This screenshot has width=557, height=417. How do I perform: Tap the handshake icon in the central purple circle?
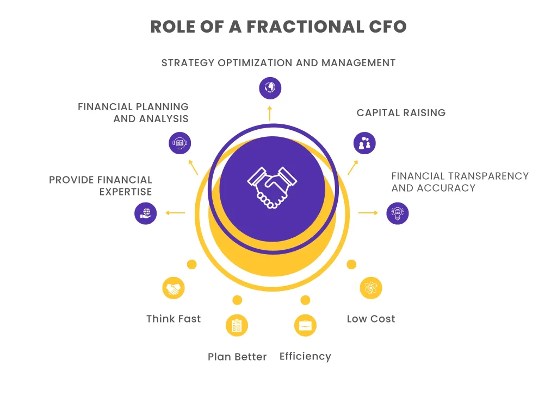pyautogui.click(x=272, y=188)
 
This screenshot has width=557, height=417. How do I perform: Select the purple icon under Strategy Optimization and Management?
pyautogui.click(x=270, y=87)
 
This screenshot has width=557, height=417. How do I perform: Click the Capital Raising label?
pyautogui.click(x=401, y=113)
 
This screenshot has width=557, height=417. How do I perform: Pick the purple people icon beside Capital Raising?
pyautogui.click(x=364, y=143)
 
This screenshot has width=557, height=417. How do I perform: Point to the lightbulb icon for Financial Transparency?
pyautogui.click(x=398, y=213)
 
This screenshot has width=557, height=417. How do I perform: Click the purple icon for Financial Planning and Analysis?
pyautogui.click(x=180, y=143)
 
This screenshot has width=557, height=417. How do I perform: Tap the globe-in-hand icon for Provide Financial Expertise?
pyautogui.click(x=145, y=213)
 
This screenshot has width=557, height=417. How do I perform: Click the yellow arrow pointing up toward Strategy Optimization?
pyautogui.click(x=270, y=112)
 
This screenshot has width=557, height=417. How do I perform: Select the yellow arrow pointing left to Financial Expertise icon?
pyautogui.click(x=175, y=213)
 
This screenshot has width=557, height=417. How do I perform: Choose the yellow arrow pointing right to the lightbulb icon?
pyautogui.click(x=368, y=213)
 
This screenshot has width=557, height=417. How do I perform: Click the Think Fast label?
pyautogui.click(x=174, y=319)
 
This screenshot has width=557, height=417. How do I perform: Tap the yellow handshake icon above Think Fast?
pyautogui.click(x=174, y=288)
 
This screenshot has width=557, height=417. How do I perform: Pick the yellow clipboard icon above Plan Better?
pyautogui.click(x=237, y=325)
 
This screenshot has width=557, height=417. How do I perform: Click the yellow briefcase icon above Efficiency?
pyautogui.click(x=305, y=325)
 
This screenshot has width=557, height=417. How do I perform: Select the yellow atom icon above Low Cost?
pyautogui.click(x=371, y=288)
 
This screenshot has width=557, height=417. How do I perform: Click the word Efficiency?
pyautogui.click(x=305, y=356)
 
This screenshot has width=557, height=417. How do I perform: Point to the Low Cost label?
pyautogui.click(x=371, y=319)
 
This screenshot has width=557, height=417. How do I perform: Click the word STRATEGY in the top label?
pyautogui.click(x=188, y=63)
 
